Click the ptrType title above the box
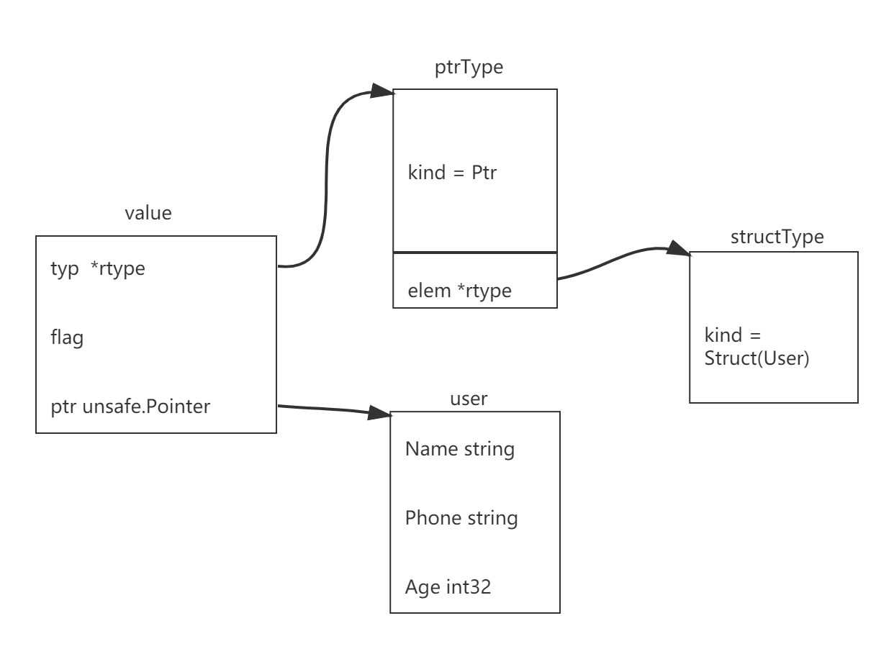pos(469,68)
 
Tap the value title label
pos(148,213)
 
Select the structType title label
pos(776,237)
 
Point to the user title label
pos(469,399)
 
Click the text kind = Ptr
pos(452,173)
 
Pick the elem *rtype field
pos(459,291)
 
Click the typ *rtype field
pos(97,268)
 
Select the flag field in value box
pos(67,337)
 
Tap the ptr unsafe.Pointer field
pos(130,407)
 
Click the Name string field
pos(459,449)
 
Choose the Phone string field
pos(461,518)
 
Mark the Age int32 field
pos(448,587)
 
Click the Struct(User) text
pos(757,358)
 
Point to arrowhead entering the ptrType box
pos(382,91)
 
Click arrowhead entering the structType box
pos(679,249)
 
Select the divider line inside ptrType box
pos(475,253)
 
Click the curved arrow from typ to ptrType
pos(327,180)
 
